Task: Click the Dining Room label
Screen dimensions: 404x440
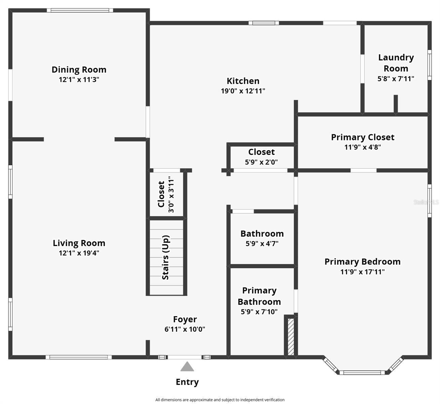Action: pyautogui.click(x=79, y=70)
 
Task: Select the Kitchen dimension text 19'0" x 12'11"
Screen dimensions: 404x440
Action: pyautogui.click(x=243, y=91)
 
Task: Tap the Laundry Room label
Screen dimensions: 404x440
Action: pyautogui.click(x=396, y=63)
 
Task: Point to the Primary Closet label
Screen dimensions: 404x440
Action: pyautogui.click(x=362, y=137)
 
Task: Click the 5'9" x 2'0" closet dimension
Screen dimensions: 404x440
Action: pyautogui.click(x=261, y=162)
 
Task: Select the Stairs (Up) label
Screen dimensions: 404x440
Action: pyautogui.click(x=166, y=257)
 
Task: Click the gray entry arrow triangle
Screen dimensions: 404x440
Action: pyautogui.click(x=187, y=367)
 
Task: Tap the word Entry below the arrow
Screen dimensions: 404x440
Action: pyautogui.click(x=187, y=382)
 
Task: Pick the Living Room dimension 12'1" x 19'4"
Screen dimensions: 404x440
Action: pyautogui.click(x=79, y=253)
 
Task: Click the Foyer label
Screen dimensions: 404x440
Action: pyautogui.click(x=185, y=319)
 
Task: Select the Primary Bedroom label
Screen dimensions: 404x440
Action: pyautogui.click(x=362, y=262)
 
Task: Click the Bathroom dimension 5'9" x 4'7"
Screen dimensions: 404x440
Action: pyautogui.click(x=262, y=244)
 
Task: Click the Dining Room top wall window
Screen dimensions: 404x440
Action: pyautogui.click(x=80, y=10)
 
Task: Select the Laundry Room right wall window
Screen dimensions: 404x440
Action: pyautogui.click(x=429, y=65)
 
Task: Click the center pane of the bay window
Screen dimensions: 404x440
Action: pyautogui.click(x=362, y=372)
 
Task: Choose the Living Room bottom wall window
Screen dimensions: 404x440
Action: pyautogui.click(x=79, y=357)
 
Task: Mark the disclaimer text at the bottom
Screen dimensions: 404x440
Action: pyautogui.click(x=220, y=400)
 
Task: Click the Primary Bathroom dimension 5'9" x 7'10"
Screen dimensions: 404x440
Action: pyautogui.click(x=259, y=312)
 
